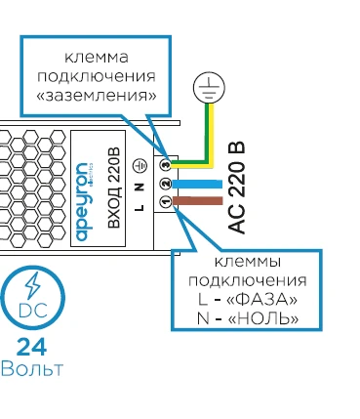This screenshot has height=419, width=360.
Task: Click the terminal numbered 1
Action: [166, 202]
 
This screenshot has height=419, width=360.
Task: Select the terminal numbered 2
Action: [166, 184]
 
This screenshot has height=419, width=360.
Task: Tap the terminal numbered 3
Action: [166, 166]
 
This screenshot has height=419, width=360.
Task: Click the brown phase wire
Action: [198, 201]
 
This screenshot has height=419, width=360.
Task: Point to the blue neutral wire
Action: [197, 184]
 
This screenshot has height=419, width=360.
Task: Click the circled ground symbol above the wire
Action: [209, 87]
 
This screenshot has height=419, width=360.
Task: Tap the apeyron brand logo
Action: [83, 202]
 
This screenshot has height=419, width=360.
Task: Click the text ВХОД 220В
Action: [114, 189]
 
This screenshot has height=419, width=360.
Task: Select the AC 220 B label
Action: [236, 188]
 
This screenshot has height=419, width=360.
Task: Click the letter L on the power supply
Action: [140, 207]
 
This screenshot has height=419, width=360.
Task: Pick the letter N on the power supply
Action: [140, 187]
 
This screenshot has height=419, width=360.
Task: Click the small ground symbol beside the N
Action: [140, 166]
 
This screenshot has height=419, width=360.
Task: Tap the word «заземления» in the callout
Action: [97, 96]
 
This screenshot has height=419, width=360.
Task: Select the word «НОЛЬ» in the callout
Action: [263, 318]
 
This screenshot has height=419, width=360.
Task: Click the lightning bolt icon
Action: [33, 286]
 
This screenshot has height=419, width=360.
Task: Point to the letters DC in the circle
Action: [33, 311]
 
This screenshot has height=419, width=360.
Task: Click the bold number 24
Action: [31, 347]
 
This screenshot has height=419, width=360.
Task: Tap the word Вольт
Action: [32, 369]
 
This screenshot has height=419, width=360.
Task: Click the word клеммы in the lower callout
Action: [248, 262]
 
